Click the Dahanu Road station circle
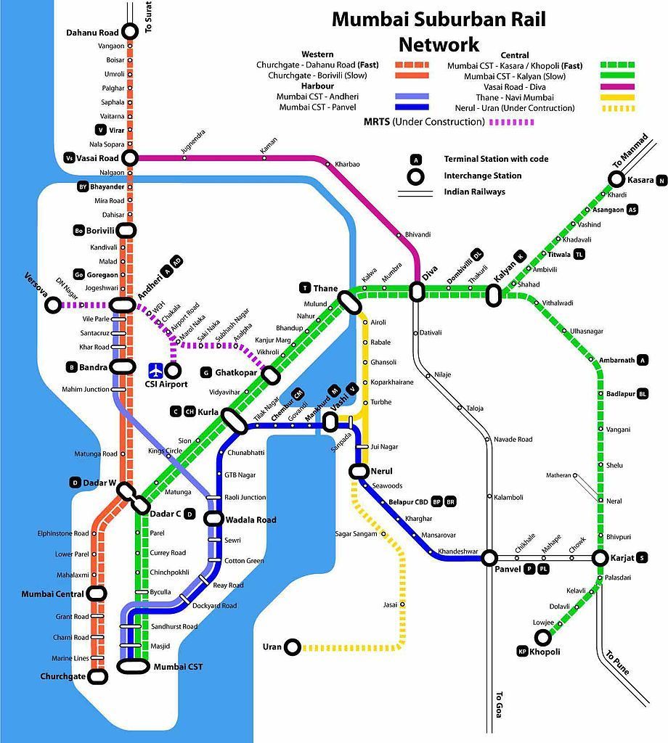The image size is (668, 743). (x=130, y=31)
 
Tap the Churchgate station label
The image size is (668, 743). (x=63, y=677)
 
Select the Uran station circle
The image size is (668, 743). (x=293, y=646)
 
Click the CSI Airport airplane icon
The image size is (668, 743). (x=155, y=370)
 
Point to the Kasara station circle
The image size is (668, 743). (x=616, y=179)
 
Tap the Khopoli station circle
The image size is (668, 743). (x=542, y=637)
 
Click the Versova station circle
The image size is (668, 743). (x=53, y=305)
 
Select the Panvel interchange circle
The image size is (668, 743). (x=490, y=557)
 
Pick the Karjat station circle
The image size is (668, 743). (x=600, y=558)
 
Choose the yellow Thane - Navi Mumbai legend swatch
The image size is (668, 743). (x=617, y=97)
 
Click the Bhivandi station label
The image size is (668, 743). (x=417, y=234)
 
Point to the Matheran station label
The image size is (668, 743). (x=558, y=475)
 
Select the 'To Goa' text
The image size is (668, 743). (x=498, y=704)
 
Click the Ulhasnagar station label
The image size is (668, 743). (x=586, y=331)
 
